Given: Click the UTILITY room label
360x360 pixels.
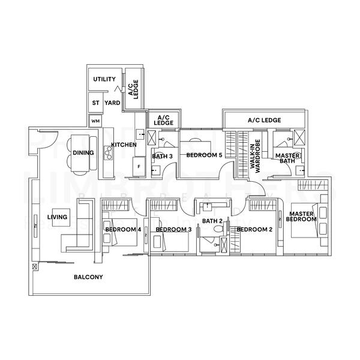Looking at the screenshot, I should [x=104, y=79].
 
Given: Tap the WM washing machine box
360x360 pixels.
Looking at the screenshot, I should [x=95, y=121].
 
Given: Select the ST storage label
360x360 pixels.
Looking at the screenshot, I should [x=95, y=103].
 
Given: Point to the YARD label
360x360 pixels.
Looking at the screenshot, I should [x=112, y=103].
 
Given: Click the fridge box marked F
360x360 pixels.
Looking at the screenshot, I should [x=139, y=166].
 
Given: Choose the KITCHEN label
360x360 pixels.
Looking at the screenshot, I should [x=124, y=145].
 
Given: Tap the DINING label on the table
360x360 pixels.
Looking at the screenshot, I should [x=83, y=153].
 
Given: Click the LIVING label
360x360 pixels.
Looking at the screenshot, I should [x=58, y=217].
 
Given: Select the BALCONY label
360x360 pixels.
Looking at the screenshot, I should [x=88, y=277].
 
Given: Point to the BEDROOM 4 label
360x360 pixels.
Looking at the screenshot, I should [x=122, y=229].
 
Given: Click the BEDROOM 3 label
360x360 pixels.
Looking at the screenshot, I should [x=173, y=229].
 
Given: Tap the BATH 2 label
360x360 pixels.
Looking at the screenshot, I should [x=212, y=221].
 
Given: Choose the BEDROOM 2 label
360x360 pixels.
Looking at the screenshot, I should [x=254, y=229].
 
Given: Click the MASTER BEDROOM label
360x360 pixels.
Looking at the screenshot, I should [x=302, y=217].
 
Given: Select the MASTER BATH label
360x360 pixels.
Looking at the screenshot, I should [x=287, y=158].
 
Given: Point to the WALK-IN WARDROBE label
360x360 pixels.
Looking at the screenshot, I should [x=256, y=155].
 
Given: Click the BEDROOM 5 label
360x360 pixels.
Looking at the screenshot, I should [x=204, y=155].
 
